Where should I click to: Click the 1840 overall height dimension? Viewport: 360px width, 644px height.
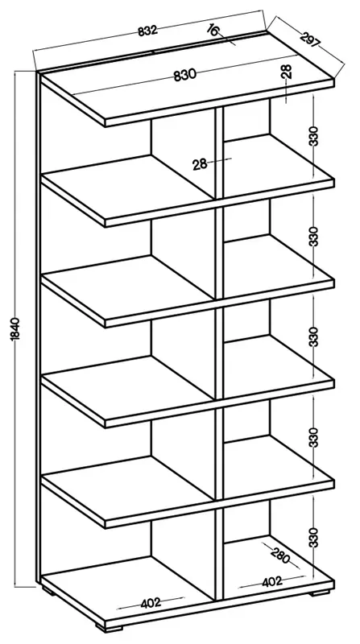click(15, 329)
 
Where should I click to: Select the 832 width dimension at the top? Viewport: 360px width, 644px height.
click(147, 31)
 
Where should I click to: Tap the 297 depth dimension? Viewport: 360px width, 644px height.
click(310, 39)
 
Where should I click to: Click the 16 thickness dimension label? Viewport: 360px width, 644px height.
click(213, 30)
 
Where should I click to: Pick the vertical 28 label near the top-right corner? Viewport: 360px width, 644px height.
click(287, 72)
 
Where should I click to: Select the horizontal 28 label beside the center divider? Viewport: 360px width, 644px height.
click(200, 164)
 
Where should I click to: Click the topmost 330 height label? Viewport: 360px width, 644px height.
click(314, 136)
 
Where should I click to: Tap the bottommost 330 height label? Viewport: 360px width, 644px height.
click(314, 537)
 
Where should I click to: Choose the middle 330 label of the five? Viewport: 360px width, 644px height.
click(314, 336)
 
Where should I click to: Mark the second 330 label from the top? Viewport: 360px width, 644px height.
click(314, 236)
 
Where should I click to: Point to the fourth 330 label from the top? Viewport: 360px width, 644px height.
click(314, 437)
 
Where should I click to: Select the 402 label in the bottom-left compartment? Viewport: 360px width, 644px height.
click(151, 603)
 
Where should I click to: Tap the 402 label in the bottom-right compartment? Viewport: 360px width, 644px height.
click(272, 581)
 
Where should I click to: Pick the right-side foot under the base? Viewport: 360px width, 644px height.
click(321, 592)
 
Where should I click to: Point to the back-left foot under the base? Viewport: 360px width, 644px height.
click(49, 592)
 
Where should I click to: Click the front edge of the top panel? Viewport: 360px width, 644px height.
click(219, 103)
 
